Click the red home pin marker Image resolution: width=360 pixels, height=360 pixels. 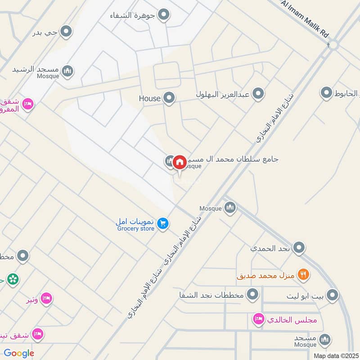coord(180,162)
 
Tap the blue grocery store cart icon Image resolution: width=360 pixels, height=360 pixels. coord(163,223)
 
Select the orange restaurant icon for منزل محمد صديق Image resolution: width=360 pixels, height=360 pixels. coord(303,274)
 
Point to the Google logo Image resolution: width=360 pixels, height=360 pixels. coord(19,353)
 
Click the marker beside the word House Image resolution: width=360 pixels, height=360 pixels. coord(169,98)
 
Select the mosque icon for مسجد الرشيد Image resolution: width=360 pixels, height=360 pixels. coord(67,71)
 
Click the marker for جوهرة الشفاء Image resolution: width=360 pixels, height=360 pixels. coord(164,15)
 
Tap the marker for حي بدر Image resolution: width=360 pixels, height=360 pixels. coord(67,32)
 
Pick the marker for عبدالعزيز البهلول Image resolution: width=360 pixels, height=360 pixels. coord(258,94)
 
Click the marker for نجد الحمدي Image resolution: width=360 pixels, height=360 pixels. coord(298,247)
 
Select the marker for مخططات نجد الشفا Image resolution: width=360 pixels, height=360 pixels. coord(253,295)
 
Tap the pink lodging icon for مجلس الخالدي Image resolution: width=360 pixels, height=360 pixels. coord(258,319)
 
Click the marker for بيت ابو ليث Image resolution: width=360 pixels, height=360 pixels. coord(332,295)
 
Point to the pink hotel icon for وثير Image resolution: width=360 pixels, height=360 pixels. coord(46,298)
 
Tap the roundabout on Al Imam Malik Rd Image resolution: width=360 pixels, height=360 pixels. coord(333,45)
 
